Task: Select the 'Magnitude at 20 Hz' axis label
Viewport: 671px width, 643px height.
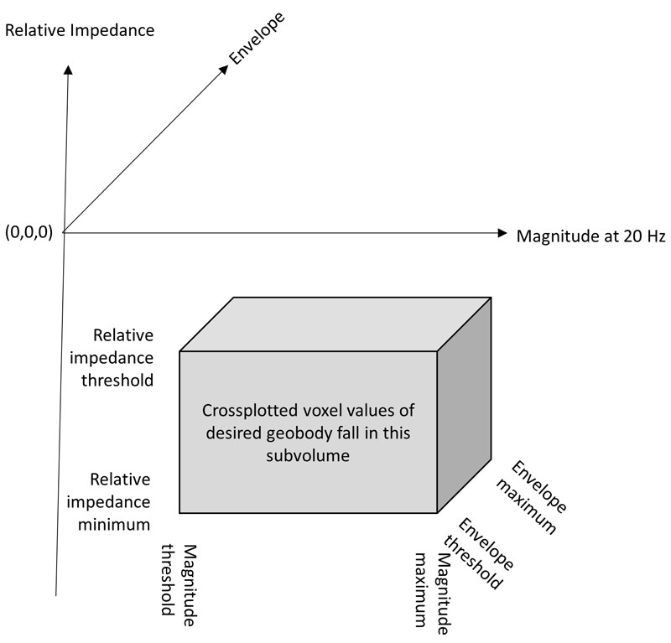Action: point(590,235)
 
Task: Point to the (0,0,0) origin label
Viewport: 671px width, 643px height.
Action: point(29,233)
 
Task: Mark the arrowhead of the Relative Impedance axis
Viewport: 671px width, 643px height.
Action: point(66,70)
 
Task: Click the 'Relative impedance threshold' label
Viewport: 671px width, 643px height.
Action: point(122,358)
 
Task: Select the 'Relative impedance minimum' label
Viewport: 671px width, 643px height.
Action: point(121,502)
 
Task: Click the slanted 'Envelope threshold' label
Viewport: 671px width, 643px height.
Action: point(486,554)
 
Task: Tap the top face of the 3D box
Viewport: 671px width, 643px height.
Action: point(335,324)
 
